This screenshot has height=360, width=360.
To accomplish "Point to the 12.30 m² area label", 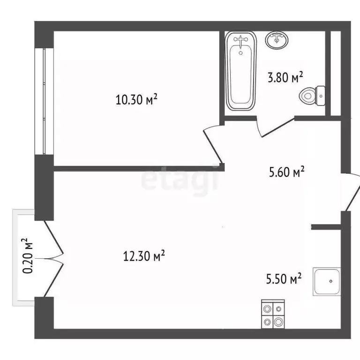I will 143,256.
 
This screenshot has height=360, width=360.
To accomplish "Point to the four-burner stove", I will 272,315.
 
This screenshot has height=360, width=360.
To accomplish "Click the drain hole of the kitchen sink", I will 330,282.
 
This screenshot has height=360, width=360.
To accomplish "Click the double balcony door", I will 53,257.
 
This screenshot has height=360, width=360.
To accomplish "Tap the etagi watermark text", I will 180,180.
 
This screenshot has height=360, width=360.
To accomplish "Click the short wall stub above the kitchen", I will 326,227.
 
